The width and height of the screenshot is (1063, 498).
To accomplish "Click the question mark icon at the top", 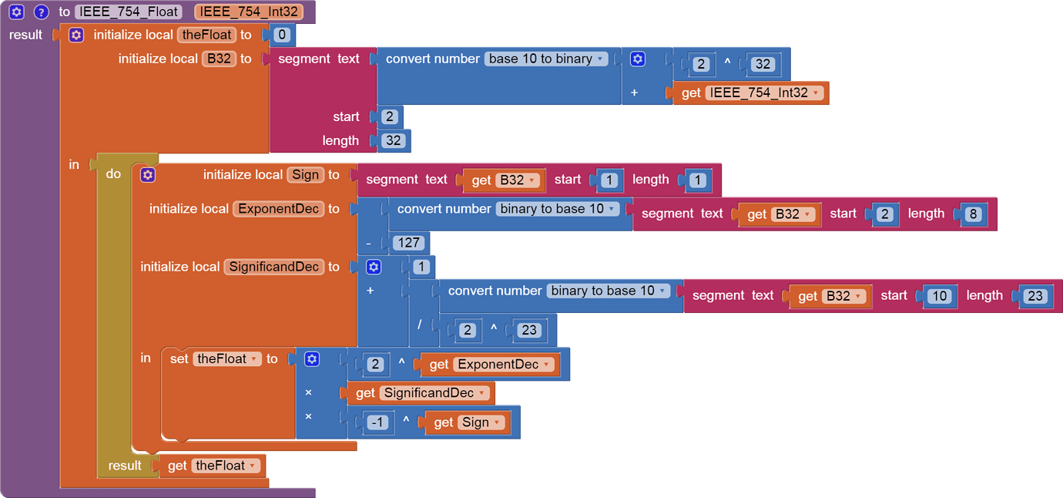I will coord(42,12).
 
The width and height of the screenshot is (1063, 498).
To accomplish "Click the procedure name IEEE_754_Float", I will coord(129,12).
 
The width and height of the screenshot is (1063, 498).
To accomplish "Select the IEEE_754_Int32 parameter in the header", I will coord(248,12).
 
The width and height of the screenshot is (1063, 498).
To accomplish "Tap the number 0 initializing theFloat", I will coord(282,35).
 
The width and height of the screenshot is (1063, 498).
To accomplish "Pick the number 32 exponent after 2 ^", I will coord(763,64).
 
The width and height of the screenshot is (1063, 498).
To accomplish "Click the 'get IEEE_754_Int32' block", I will coord(750,93).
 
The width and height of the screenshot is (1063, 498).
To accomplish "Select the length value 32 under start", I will coord(393,140).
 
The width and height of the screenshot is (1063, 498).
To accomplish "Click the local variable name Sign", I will coord(305,175).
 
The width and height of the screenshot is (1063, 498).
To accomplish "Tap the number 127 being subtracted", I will coord(407,243).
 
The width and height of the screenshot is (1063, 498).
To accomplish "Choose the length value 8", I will coord(973,214).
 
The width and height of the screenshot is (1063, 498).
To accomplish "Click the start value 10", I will coord(939,295).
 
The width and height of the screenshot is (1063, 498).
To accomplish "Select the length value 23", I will coord(1034,295).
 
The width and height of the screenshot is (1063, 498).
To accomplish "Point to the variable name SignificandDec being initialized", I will coord(273,267).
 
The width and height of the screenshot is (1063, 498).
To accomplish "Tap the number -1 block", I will coord(377,422).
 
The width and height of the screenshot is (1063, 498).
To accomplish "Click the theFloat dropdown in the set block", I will coord(227,359).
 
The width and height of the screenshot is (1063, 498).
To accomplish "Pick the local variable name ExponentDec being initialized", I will coord(279,209).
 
